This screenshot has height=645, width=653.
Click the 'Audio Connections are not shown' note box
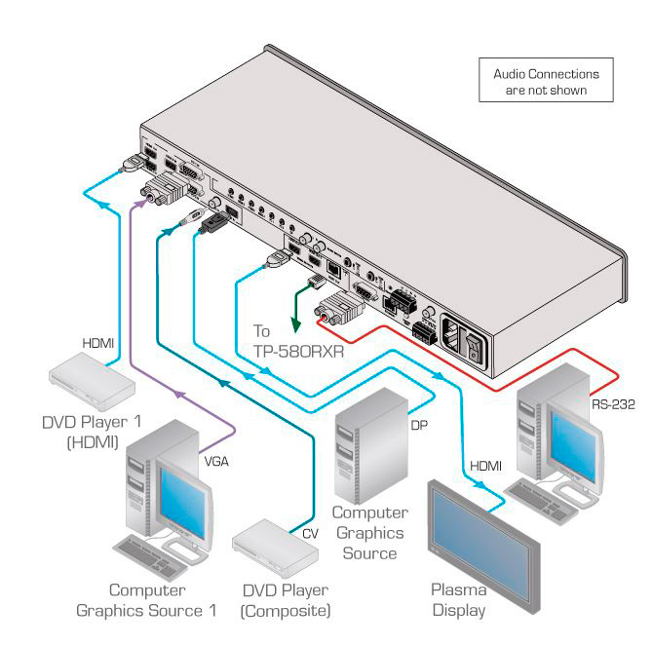click(x=546, y=82)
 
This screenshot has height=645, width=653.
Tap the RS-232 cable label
click(x=611, y=403)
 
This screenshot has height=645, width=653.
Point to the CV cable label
click(x=310, y=533)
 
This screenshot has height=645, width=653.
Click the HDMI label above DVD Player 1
click(x=97, y=342)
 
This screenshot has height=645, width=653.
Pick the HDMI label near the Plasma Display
click(x=484, y=467)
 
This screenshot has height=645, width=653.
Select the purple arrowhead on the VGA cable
click(x=179, y=393)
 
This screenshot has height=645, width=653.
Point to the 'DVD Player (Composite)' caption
click(x=285, y=600)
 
